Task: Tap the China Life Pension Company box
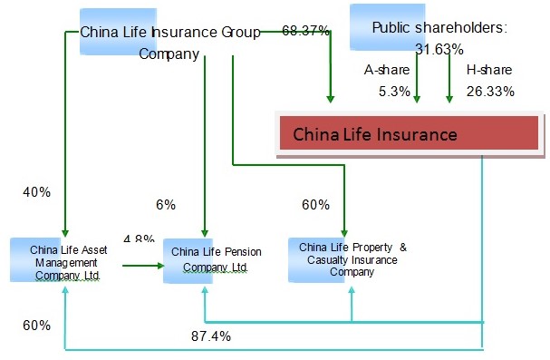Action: (x=208, y=259)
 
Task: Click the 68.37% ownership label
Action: (x=306, y=31)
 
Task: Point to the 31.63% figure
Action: (x=439, y=49)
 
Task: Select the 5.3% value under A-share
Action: (x=395, y=91)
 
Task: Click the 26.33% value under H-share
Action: (x=490, y=91)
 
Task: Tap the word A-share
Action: (x=387, y=70)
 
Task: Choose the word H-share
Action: (x=489, y=70)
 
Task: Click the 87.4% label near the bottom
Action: (x=210, y=336)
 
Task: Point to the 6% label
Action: (x=165, y=205)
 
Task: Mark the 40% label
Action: (x=37, y=192)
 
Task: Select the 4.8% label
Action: (x=139, y=239)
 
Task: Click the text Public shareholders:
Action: (x=439, y=28)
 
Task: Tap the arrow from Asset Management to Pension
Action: (x=141, y=266)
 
